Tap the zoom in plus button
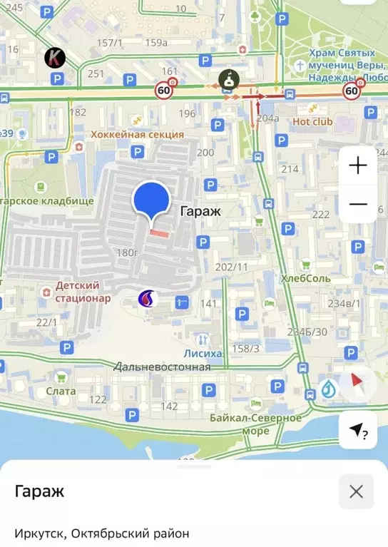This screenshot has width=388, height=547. click(x=357, y=165)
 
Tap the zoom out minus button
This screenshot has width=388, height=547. click(x=357, y=204)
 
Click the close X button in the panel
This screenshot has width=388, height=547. click(x=356, y=491)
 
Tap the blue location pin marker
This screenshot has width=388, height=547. click(x=151, y=200)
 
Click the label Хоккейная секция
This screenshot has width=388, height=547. click(x=138, y=134)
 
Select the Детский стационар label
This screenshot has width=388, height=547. click(x=83, y=292)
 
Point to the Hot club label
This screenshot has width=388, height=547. click(x=312, y=121)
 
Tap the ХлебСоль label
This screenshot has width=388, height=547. click(x=305, y=277)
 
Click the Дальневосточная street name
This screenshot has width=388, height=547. click(x=162, y=367)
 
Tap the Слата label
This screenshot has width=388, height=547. click(x=61, y=391)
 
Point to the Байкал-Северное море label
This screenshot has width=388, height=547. click(x=255, y=424)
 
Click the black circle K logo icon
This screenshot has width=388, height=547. click(x=54, y=57)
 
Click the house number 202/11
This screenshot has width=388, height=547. click(x=231, y=267)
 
